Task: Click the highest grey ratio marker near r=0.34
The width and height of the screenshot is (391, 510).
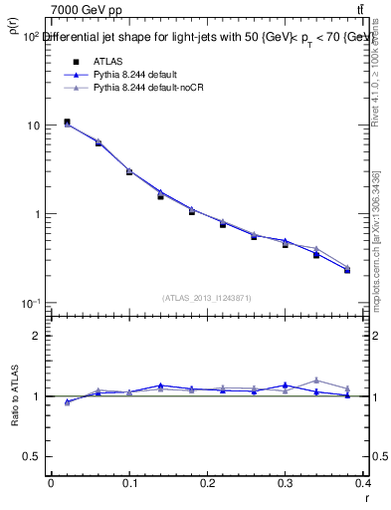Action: coord(316,380)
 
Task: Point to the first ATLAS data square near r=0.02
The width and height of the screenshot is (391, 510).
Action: coord(67,123)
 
